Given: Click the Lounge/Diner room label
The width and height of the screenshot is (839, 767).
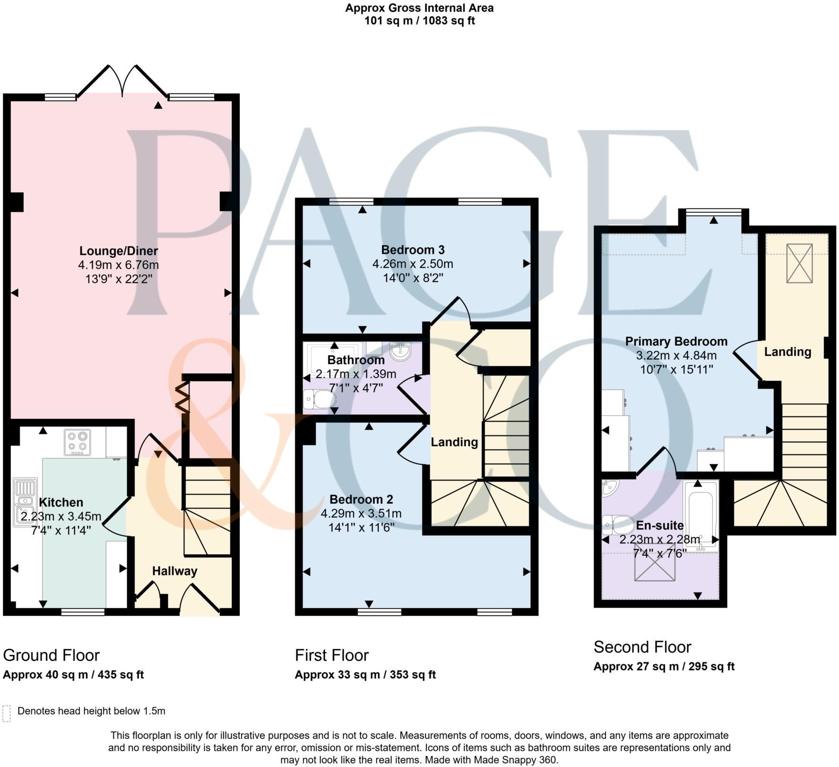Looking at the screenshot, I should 118,250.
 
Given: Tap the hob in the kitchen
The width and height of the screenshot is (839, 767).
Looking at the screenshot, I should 77,443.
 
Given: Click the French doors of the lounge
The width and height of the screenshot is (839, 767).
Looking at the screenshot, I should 123,81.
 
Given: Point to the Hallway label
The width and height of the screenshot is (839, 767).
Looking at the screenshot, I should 174,571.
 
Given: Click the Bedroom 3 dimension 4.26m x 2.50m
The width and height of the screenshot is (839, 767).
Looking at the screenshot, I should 412,264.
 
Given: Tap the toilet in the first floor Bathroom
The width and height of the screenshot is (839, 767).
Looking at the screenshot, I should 319,399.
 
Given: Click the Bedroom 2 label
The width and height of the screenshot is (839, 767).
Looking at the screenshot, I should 361,499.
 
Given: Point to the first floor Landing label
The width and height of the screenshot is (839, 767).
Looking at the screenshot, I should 454,442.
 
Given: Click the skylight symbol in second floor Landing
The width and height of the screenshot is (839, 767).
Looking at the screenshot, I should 799,263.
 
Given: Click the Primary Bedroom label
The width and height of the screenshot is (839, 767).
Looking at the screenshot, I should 676,342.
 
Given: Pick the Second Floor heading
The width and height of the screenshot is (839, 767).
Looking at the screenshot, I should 642,647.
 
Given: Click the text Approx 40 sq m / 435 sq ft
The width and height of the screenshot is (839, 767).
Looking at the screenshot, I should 73,675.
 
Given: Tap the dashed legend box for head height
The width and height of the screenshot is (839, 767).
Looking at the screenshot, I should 6,714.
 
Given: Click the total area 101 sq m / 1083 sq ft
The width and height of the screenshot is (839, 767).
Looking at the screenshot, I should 419,21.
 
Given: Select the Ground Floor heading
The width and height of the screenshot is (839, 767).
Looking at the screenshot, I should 51,655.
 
